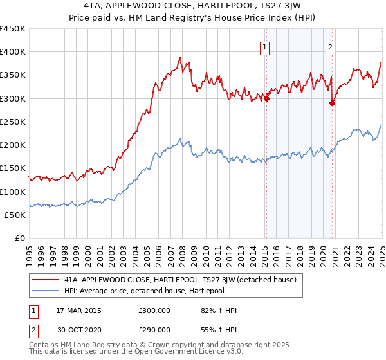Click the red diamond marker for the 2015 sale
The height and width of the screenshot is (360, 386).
click(x=266, y=98)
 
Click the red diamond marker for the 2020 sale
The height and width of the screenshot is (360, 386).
click(x=333, y=103)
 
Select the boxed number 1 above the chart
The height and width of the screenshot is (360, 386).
click(x=265, y=46)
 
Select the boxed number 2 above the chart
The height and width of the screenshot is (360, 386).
click(x=330, y=46)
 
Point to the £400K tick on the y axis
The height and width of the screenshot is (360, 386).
click(x=13, y=52)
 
